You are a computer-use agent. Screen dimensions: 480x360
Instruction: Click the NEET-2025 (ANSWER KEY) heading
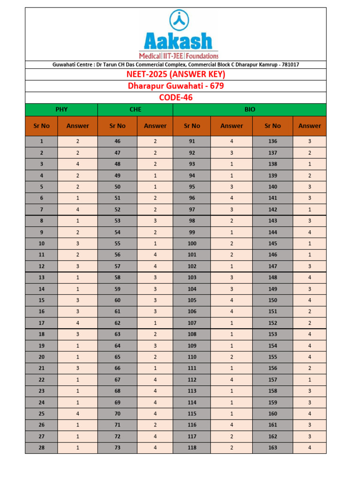(176, 75)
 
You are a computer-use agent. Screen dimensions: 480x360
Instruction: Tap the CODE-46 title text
(176, 97)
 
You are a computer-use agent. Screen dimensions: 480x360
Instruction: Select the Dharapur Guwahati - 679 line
(176, 86)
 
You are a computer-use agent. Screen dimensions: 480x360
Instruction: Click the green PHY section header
(61, 110)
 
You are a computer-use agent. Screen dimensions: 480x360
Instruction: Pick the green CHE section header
(135, 110)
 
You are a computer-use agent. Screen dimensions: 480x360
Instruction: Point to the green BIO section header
(249, 110)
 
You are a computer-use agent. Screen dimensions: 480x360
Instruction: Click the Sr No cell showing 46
(117, 141)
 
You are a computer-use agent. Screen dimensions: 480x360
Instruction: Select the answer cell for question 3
(77, 164)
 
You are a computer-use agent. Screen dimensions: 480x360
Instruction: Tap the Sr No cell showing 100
(192, 243)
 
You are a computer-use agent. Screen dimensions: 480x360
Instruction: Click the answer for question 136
(309, 141)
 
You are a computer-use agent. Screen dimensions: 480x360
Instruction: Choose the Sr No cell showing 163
(272, 448)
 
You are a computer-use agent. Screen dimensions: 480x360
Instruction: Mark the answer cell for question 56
(155, 255)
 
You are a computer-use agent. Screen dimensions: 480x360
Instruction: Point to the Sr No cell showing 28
(41, 448)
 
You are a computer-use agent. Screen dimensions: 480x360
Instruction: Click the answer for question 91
(232, 141)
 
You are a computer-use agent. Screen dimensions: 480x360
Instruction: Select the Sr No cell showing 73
(117, 448)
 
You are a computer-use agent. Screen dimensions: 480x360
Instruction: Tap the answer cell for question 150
(309, 300)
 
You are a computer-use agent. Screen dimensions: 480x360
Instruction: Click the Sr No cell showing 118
(192, 448)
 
